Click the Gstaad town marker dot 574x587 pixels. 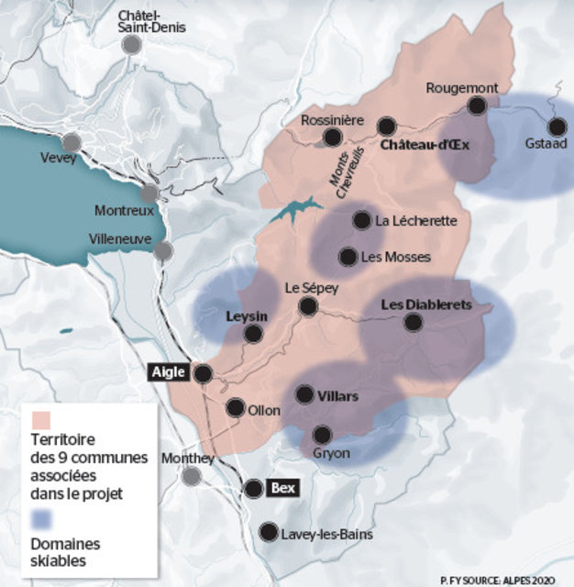[557, 127]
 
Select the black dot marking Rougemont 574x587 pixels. [477, 105]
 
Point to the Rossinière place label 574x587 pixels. [333, 122]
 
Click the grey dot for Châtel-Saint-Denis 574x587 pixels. [134, 46]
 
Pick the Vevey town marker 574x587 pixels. [72, 141]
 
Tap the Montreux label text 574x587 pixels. [125, 210]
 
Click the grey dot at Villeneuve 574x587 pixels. [163, 250]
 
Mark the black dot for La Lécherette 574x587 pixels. [360, 220]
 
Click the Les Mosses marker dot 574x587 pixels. [348, 258]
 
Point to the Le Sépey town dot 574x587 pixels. [310, 306]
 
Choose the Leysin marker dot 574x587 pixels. [251, 335]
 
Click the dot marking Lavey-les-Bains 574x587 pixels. [269, 531]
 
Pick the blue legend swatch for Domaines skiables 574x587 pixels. [41, 520]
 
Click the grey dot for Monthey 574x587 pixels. [191, 476]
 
